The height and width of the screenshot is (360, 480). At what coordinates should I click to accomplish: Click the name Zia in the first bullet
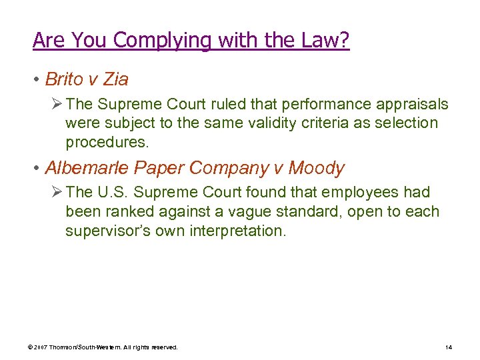pos(116,80)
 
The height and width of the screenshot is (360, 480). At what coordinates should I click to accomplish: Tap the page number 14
pos(448,347)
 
